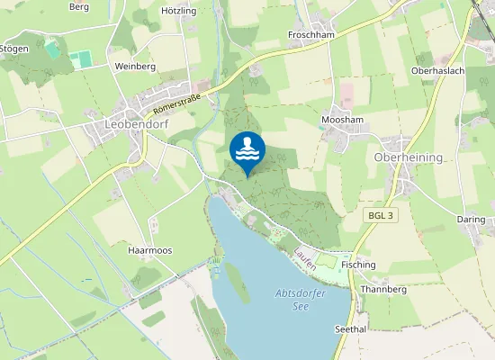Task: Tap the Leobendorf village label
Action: coord(137,125)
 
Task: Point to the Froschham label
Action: coord(311,35)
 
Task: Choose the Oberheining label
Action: coord(408,157)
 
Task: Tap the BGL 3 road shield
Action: coord(382,217)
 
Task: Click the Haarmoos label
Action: coord(149,249)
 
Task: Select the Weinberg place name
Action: coord(136,67)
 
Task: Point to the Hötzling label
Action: coord(178,11)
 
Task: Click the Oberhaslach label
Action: coord(437,70)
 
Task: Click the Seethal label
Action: coord(350,329)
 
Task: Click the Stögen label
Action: coord(13,49)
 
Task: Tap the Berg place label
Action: coord(79,6)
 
